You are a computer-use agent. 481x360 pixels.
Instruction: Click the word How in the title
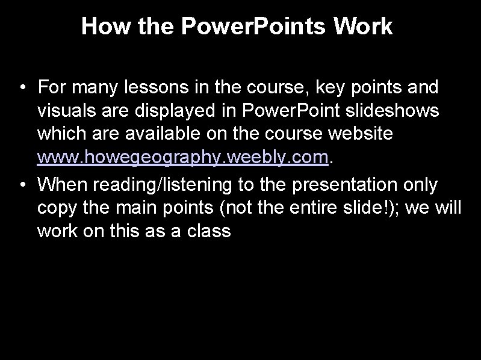coord(101,26)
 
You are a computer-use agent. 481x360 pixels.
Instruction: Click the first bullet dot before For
coord(22,88)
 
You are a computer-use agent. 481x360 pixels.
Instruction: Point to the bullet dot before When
coord(22,184)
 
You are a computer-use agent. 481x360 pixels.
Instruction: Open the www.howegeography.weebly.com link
coord(184,158)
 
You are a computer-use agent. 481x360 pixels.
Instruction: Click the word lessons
coord(151,88)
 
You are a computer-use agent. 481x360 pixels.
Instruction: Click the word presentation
coord(339,184)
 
